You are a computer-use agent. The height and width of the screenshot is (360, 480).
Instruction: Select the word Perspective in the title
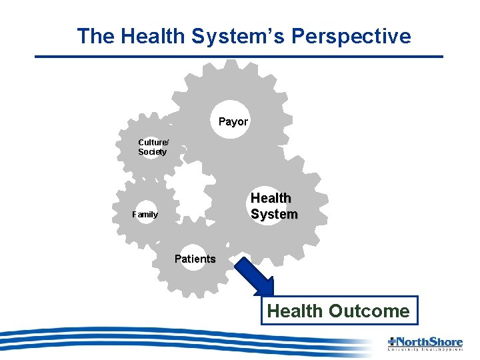pyautogui.click(x=349, y=36)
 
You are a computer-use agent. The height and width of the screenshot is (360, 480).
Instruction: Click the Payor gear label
pyautogui.click(x=233, y=122)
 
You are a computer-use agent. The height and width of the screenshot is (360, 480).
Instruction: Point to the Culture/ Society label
pyautogui.click(x=153, y=147)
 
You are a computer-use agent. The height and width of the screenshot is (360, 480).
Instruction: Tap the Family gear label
pyautogui.click(x=145, y=215)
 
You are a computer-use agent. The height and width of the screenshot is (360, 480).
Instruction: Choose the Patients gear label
pyautogui.click(x=195, y=259)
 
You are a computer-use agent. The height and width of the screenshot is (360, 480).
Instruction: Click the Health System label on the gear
pyautogui.click(x=273, y=206)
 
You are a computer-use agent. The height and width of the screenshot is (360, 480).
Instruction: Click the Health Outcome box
pyautogui.click(x=338, y=311)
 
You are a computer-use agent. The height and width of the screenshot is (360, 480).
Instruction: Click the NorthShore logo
pyautogui.click(x=425, y=343)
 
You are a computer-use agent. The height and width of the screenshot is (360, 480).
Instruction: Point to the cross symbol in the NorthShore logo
pyautogui.click(x=391, y=341)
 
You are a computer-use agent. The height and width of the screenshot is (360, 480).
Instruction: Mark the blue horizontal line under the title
pyautogui.click(x=239, y=57)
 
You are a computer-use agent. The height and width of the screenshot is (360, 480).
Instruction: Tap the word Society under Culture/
pyautogui.click(x=152, y=152)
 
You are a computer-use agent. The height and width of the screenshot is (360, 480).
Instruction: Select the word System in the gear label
pyautogui.click(x=274, y=214)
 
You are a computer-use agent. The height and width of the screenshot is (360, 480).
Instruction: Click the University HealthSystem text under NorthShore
pyautogui.click(x=425, y=349)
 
